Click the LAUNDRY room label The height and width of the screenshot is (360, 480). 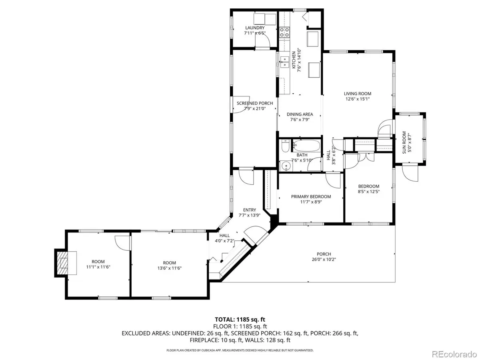[x=255, y=28]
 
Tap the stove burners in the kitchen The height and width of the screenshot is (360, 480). [x=284, y=32]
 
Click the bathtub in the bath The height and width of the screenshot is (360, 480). [x=306, y=145]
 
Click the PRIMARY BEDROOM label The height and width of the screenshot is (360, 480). [x=311, y=196]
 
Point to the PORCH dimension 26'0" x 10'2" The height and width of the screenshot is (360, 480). [x=324, y=259]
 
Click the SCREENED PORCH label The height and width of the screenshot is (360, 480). [x=255, y=103]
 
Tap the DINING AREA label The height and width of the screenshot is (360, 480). [x=300, y=114]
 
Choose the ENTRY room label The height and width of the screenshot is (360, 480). [x=250, y=210]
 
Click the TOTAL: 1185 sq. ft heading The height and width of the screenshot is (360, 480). [x=240, y=319]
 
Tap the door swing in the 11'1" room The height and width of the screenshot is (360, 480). [x=122, y=242]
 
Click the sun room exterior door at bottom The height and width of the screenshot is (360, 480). [x=410, y=173]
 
